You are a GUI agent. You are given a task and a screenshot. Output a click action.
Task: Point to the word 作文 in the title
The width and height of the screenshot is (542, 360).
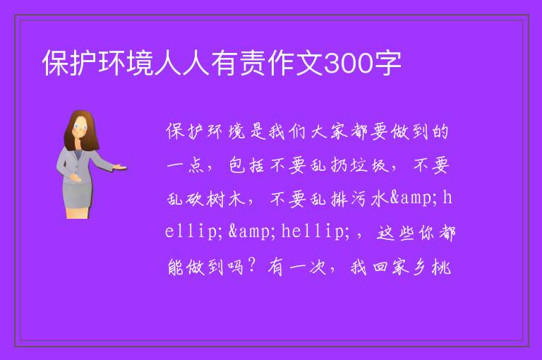pyautogui.click(x=296, y=64)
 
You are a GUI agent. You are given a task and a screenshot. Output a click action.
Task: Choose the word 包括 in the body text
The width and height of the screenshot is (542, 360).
pyautogui.click(x=247, y=165)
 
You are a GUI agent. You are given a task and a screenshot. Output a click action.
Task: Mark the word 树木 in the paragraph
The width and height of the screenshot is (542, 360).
pyautogui.click(x=226, y=199)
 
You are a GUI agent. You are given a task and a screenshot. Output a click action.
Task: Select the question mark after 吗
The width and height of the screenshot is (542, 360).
pyautogui.click(x=252, y=265)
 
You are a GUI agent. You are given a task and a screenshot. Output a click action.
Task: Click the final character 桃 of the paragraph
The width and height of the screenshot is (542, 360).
pyautogui.click(x=441, y=267)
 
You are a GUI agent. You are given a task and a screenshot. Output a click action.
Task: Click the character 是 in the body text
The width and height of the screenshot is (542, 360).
pyautogui.click(x=257, y=131)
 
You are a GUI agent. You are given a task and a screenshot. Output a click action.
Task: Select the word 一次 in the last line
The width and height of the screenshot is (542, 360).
pyautogui.click(x=307, y=267)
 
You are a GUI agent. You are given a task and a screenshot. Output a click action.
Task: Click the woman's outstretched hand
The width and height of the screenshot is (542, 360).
pyautogui.click(x=119, y=167)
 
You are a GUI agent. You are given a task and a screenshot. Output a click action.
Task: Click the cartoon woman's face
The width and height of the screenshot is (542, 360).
pyautogui.click(x=80, y=127)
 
